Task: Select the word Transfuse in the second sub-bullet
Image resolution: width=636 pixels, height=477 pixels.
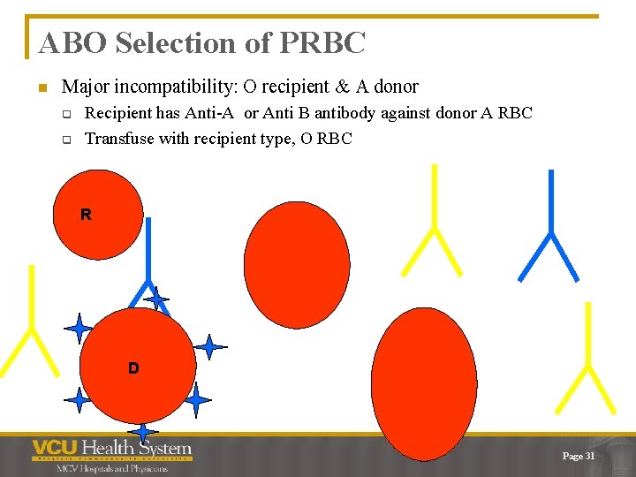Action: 118,138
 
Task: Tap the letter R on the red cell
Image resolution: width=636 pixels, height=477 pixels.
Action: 86,215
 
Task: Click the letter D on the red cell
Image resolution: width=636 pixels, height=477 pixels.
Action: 132,367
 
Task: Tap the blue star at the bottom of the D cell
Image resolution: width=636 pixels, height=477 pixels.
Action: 142,430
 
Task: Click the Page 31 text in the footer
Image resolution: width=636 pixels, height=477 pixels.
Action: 579,456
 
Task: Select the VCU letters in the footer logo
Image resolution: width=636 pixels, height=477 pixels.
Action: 54,449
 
